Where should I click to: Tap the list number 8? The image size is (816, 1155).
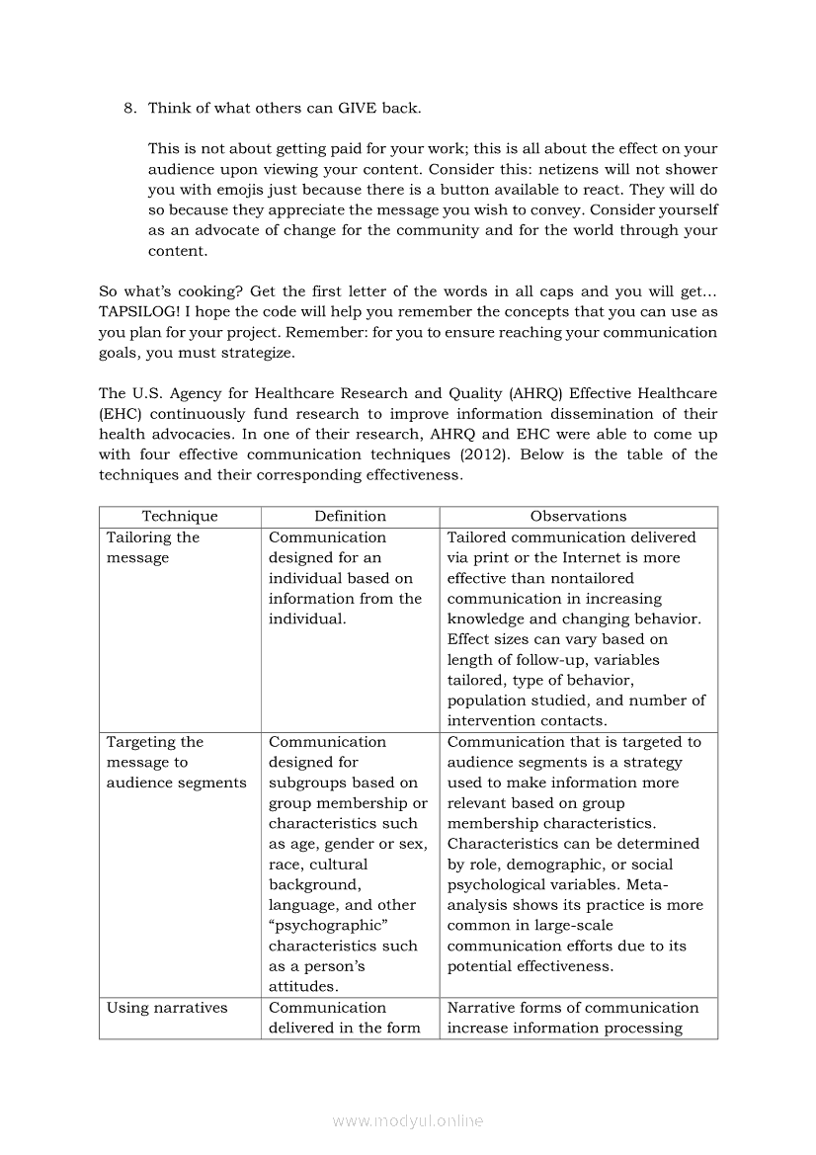(x=129, y=108)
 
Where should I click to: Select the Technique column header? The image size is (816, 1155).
(x=180, y=517)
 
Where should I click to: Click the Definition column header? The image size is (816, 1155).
(x=350, y=517)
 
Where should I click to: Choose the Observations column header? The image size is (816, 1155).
(x=578, y=517)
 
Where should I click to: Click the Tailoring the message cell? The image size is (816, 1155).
(x=153, y=547)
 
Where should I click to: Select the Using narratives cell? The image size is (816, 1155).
(x=167, y=1008)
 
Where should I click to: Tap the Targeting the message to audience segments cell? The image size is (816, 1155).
(x=176, y=762)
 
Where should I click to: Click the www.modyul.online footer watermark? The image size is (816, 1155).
(x=408, y=1120)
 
